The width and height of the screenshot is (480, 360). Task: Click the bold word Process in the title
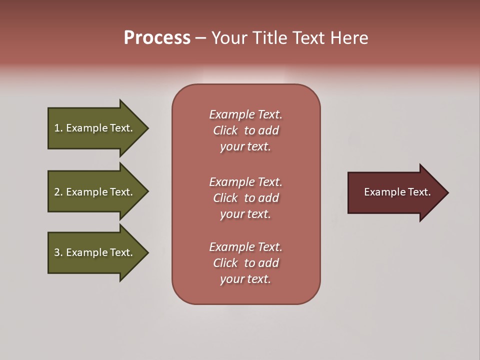[157, 38]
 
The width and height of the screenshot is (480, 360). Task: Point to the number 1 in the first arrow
[57, 128]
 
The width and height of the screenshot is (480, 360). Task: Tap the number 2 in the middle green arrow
[57, 192]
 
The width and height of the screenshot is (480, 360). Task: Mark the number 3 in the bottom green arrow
[57, 252]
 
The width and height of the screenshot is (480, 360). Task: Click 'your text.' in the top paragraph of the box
[245, 146]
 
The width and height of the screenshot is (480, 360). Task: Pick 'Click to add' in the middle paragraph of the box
[245, 198]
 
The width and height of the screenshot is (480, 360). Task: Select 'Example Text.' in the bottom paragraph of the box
[245, 247]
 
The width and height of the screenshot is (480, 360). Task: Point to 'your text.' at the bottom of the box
[245, 279]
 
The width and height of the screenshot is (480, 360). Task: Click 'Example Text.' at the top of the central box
[245, 114]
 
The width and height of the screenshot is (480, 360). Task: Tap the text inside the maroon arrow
[397, 192]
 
